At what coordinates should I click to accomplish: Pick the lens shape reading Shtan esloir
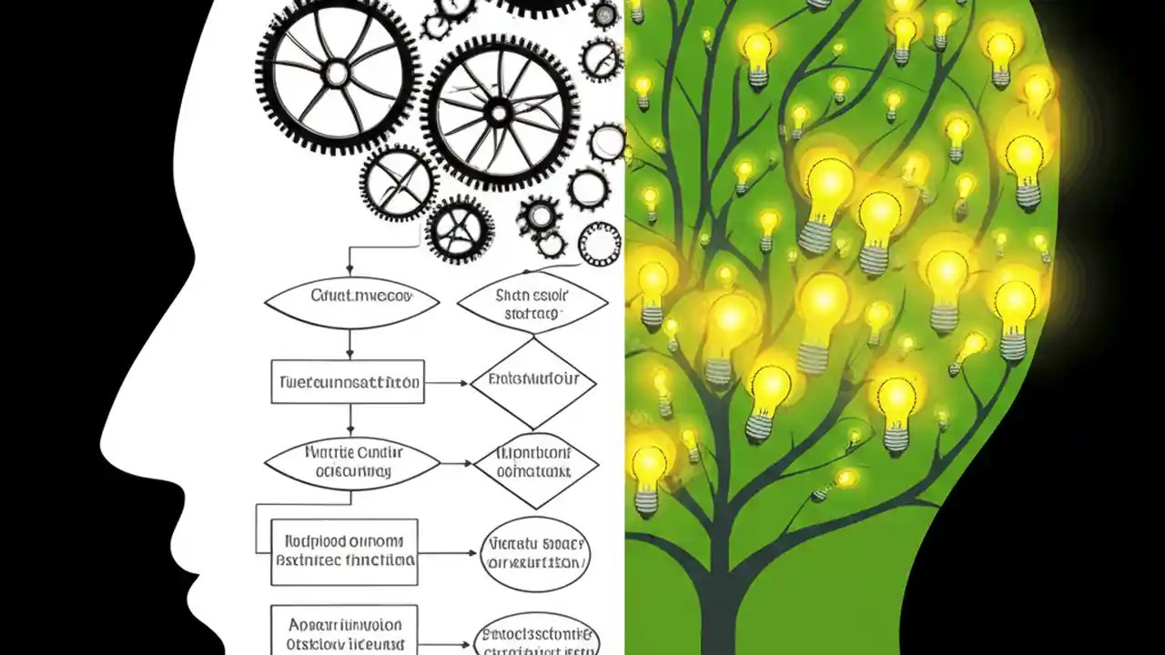tap(532, 304)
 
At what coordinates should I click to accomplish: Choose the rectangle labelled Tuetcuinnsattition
tap(348, 382)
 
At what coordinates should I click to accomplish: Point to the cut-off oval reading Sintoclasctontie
tap(537, 637)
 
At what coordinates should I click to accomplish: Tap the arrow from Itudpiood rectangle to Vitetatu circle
tap(448, 552)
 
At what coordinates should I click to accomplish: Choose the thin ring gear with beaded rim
tap(600, 244)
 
